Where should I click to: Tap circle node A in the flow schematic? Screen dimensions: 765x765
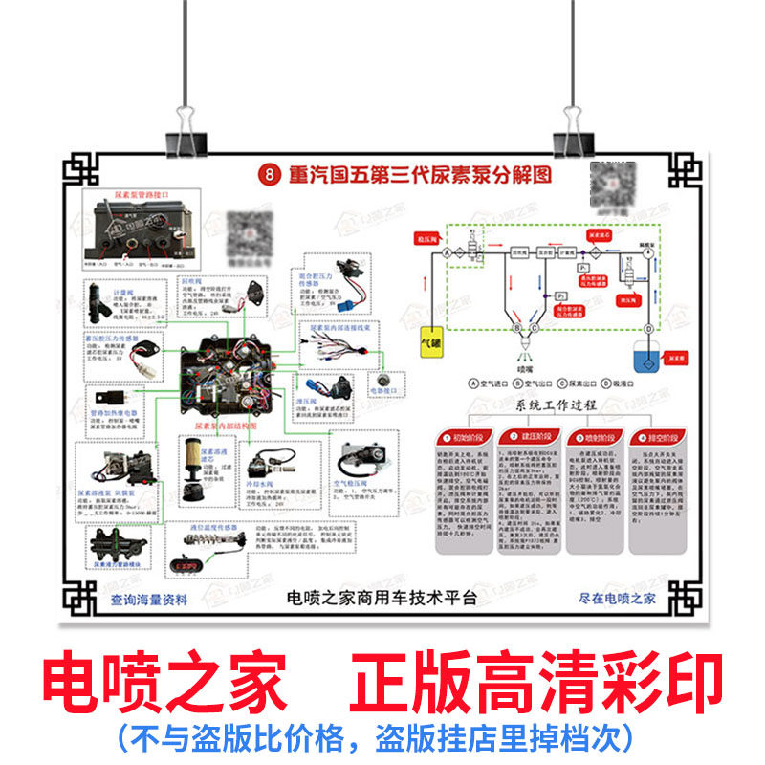446,252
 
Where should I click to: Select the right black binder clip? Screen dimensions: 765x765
575,135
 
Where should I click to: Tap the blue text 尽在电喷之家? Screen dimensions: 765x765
617,600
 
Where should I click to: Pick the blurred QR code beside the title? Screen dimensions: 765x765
613,185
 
